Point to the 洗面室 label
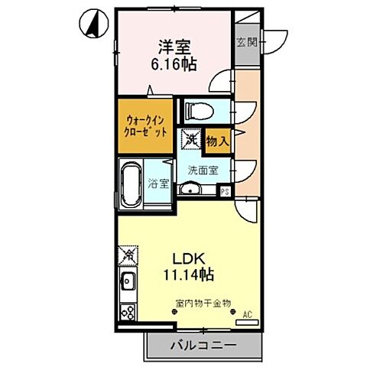(x=203, y=171)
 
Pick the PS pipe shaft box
(x=226, y=192)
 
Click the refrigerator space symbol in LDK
(x=128, y=254)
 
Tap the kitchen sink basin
(x=127, y=282)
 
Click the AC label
(x=246, y=314)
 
